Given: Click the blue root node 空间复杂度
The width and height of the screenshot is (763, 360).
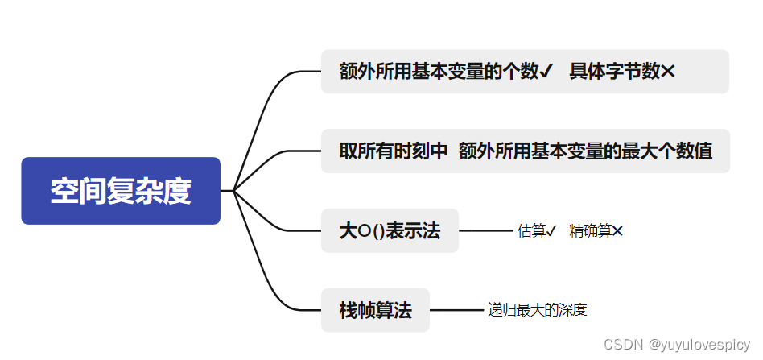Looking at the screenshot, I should [x=121, y=191].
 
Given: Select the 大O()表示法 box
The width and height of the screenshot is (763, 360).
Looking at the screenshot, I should [x=390, y=231].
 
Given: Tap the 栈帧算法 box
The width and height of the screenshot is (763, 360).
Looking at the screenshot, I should [x=375, y=310].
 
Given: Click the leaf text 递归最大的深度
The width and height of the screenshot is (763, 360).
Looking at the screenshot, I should [x=537, y=310].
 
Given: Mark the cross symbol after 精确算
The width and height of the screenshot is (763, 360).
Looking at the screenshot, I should [x=617, y=231].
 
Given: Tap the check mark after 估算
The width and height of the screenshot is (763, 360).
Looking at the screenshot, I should [x=551, y=231].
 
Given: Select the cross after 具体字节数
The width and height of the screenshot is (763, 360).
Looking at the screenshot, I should [x=667, y=72].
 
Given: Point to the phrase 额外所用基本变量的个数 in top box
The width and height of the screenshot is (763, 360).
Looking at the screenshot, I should [x=439, y=72].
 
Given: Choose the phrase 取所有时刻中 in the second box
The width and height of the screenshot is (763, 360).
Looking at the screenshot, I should [x=393, y=151].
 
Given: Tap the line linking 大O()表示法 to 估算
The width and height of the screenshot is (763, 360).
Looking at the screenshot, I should [x=485, y=231].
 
